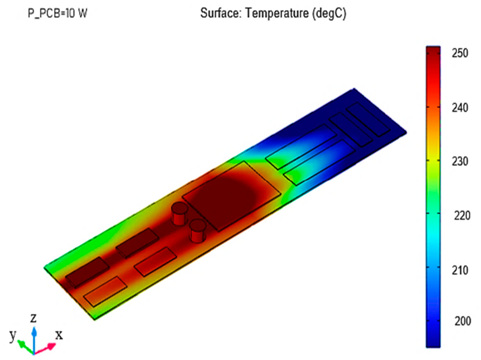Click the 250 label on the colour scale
point(460,53)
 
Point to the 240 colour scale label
point(460,107)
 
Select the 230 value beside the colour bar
point(460,161)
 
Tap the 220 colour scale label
point(462,216)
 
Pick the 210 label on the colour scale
point(460,270)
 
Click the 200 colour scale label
point(462,321)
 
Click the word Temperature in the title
point(277,13)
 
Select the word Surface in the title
point(221,13)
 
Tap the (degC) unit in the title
point(329,14)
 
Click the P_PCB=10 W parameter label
point(58,13)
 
